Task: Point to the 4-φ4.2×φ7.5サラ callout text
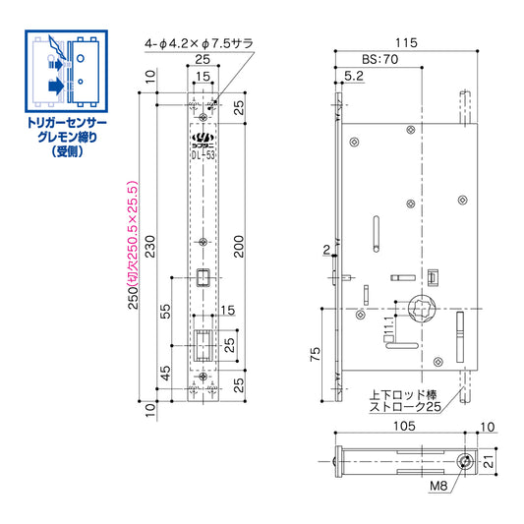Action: pyautogui.click(x=201, y=43)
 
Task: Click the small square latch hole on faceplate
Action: pyautogui.click(x=202, y=277)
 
